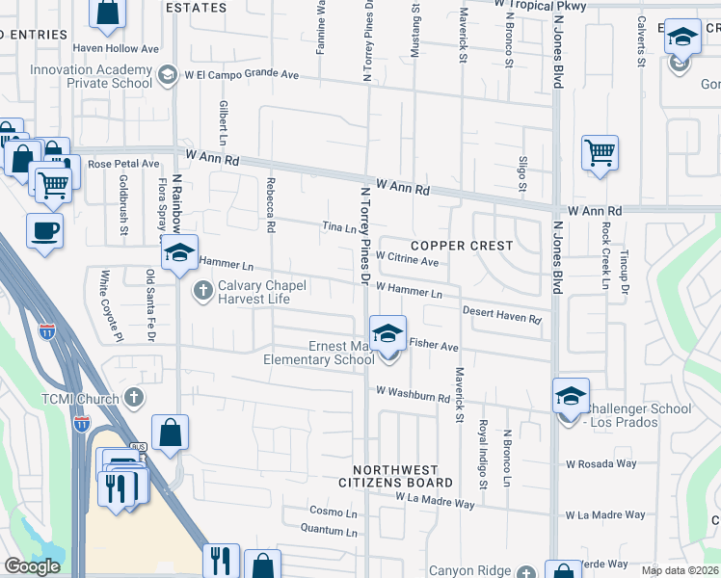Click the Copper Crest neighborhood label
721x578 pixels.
coord(464,246)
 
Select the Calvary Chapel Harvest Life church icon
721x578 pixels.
coord(202,290)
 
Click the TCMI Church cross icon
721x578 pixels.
coord(134,397)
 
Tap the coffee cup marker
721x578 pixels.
coord(44,232)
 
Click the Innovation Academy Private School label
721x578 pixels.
coord(91,76)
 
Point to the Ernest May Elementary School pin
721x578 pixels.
coord(387,334)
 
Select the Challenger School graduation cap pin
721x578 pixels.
coord(571,396)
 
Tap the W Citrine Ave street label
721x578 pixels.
coord(407,260)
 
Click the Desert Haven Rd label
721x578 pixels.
coord(501,315)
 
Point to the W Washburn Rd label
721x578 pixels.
coord(414,394)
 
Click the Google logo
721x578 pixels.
coord(32,566)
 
